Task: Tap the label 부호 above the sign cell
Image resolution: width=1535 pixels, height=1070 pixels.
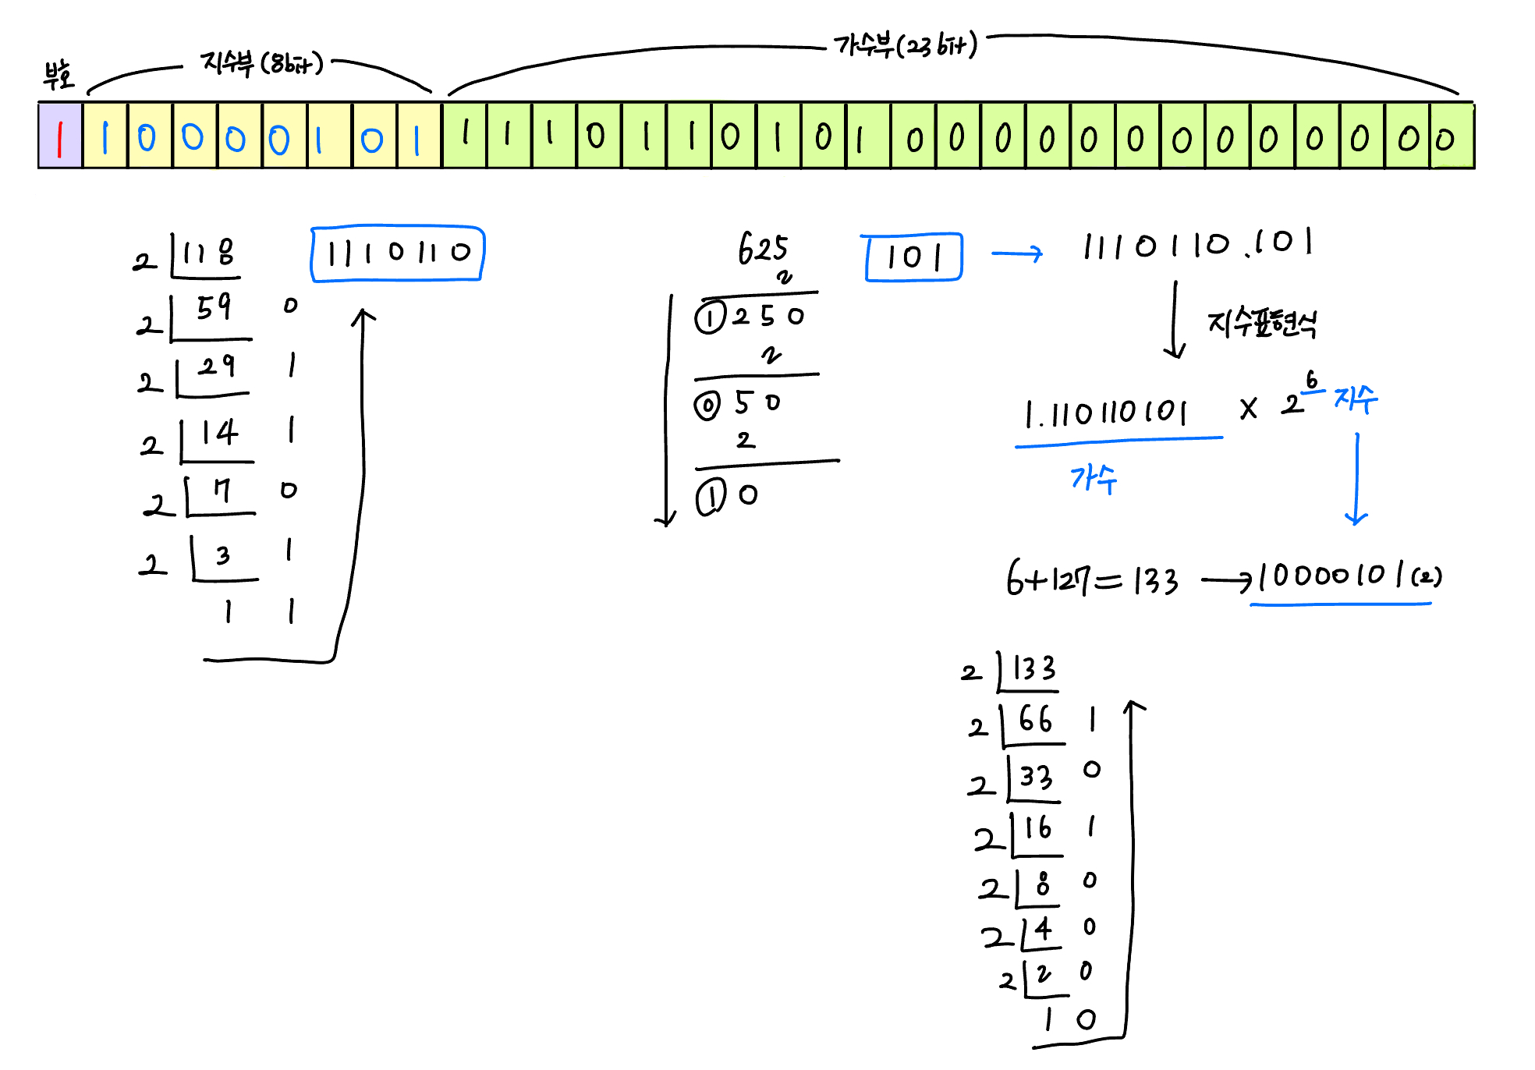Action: click(58, 74)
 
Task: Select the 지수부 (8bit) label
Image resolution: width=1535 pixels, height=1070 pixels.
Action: click(261, 62)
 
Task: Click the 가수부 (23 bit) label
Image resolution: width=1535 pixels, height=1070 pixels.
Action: click(905, 45)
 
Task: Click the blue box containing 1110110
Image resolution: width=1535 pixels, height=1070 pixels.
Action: click(398, 253)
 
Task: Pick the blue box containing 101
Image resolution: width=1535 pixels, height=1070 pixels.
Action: click(913, 257)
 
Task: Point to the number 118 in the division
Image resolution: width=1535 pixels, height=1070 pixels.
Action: click(208, 253)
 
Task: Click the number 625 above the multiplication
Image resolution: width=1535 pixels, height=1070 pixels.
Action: click(763, 249)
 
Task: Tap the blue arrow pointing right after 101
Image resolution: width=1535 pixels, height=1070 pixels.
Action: click(1017, 253)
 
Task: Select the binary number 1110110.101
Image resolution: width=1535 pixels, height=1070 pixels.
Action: click(1197, 245)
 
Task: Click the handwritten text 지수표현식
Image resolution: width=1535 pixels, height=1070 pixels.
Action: click(1262, 322)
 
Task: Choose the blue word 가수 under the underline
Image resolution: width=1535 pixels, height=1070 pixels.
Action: click(1094, 477)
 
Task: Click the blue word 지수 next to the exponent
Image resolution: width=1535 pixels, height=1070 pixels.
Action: click(1356, 399)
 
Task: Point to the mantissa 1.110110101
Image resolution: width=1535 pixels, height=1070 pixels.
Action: click(1106, 413)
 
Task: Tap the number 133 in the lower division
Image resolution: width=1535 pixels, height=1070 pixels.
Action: click(1033, 669)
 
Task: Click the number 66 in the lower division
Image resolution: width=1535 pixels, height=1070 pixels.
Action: click(1035, 719)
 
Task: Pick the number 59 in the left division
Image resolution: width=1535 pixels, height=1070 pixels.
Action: click(214, 307)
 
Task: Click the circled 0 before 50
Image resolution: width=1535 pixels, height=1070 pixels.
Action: click(707, 406)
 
